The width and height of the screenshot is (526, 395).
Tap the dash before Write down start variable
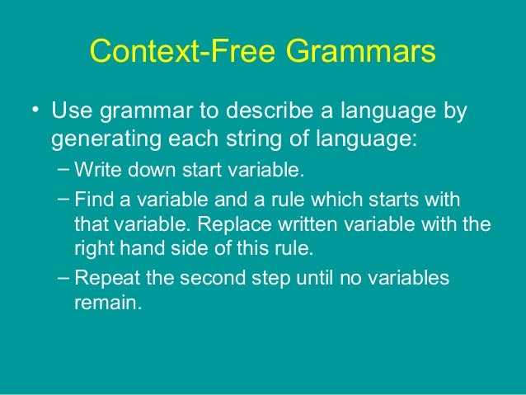pos(63,171)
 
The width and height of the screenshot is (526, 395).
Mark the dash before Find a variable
pos(63,200)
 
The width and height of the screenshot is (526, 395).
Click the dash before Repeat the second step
pos(63,276)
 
